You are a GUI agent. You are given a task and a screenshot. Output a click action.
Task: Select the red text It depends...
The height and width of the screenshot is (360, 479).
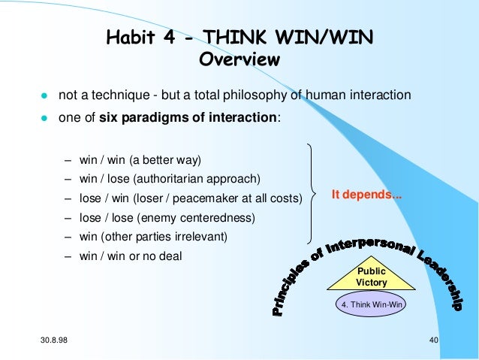pos(366,194)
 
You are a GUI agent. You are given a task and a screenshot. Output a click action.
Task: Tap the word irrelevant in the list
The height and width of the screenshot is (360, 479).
pos(200,237)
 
